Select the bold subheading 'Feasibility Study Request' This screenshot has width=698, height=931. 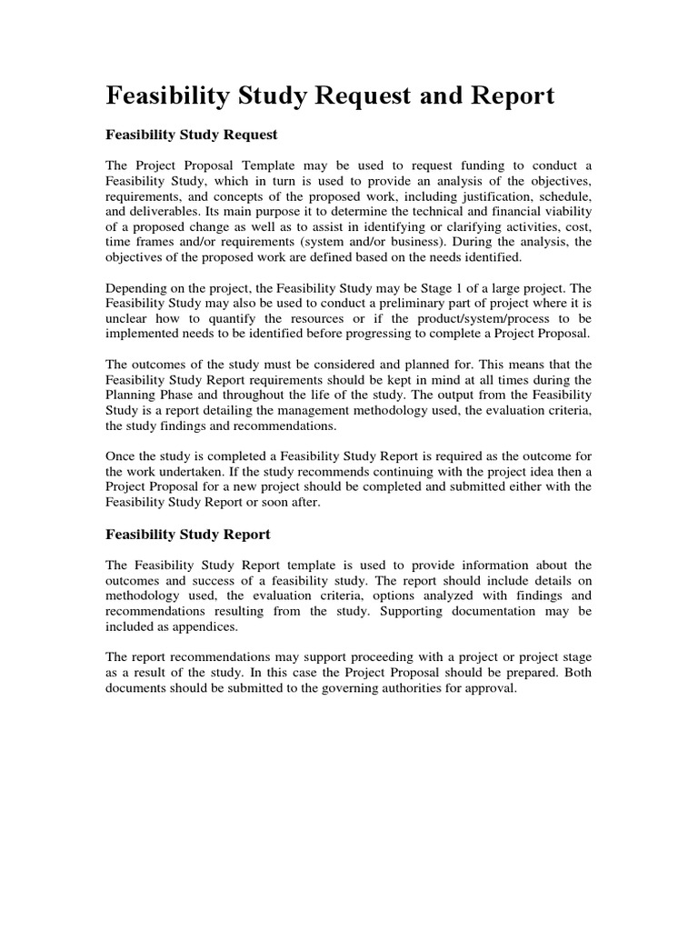click(x=192, y=135)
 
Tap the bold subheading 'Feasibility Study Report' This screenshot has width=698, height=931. click(x=188, y=535)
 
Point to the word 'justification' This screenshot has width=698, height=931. click(x=489, y=197)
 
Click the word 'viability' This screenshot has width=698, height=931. click(x=563, y=214)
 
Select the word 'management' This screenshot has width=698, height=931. click(x=313, y=410)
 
